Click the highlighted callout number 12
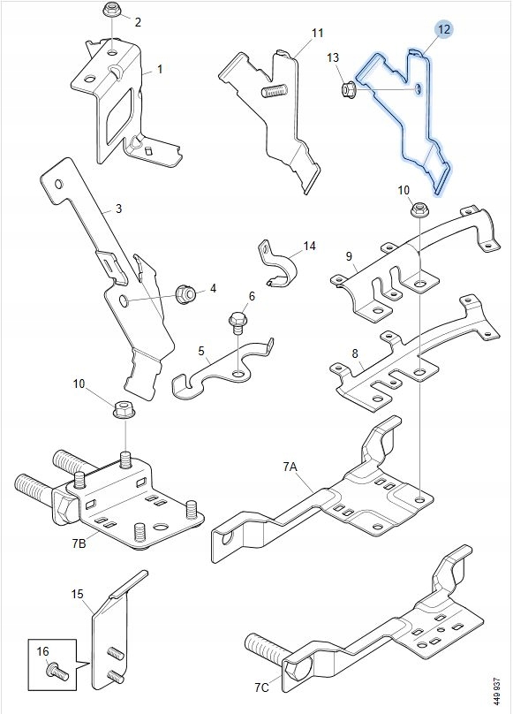click(x=444, y=29)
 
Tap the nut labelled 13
click(x=348, y=87)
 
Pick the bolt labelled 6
click(x=238, y=323)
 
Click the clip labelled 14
click(x=278, y=265)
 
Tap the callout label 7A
click(x=290, y=467)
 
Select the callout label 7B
click(x=79, y=543)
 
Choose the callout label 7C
click(x=261, y=687)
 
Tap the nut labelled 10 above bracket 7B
click(x=122, y=409)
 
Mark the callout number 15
click(x=78, y=594)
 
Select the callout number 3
click(x=119, y=209)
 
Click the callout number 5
click(x=201, y=351)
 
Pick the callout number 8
click(x=355, y=353)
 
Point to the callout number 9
click(x=349, y=256)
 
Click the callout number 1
click(x=160, y=69)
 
